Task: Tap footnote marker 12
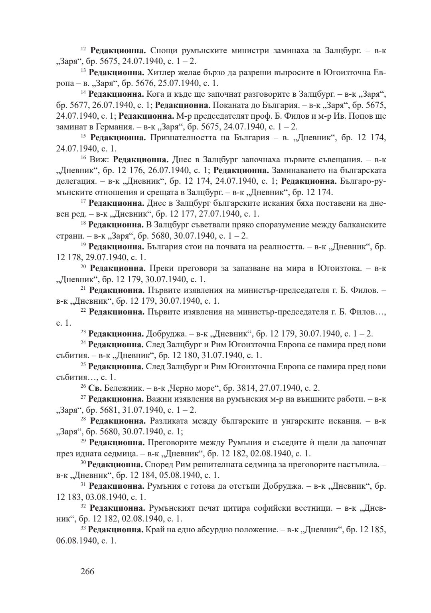83,49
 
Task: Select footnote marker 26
83,386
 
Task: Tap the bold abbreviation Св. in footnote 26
95,388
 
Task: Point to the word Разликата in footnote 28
170,421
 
